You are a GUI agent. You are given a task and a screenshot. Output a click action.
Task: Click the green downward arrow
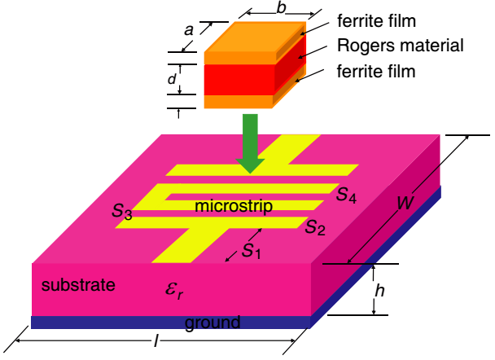250,143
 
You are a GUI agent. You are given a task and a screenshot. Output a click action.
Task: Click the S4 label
346,195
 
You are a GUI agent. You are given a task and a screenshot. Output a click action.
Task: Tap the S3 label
122,211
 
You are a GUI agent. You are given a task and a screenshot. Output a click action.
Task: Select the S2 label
315,226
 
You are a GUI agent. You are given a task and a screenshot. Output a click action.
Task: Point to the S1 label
252,251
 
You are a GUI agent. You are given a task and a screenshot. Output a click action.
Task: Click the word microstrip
234,206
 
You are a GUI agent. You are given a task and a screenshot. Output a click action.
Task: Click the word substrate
78,285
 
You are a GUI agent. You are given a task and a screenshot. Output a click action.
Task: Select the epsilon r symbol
174,290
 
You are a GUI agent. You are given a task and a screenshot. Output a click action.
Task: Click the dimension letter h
379,290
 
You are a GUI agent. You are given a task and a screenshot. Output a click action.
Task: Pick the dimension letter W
405,203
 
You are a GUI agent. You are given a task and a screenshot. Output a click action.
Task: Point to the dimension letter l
156,341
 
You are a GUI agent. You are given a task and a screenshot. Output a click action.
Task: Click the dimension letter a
189,31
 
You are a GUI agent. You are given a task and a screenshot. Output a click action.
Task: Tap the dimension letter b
281,8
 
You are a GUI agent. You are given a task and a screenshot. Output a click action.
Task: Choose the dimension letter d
172,79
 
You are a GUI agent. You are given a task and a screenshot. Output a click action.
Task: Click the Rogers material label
401,46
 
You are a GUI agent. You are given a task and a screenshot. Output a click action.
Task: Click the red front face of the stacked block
239,80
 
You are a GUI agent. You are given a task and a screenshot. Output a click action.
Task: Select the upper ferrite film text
376,21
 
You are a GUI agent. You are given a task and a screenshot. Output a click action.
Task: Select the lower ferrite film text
376,71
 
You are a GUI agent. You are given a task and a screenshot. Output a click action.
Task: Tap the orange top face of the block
256,37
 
